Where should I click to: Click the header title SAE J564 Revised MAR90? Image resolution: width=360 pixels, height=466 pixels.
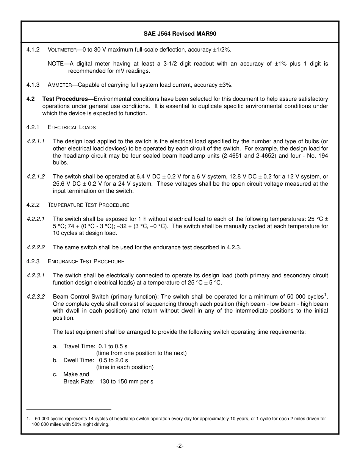coord(180,34)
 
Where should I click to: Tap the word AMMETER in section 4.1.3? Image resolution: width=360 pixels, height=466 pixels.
coord(61,85)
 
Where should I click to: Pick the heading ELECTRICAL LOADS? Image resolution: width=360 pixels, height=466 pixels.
coord(72,127)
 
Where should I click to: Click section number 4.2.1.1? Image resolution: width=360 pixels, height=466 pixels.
coord(36,141)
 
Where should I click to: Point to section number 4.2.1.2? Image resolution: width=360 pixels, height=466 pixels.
coord(36,177)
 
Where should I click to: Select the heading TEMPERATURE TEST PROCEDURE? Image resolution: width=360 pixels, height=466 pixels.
coord(88,205)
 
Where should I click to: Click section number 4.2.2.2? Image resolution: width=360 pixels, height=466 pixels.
coord(36,247)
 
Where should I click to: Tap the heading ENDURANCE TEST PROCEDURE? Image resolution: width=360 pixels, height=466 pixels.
coord(86,261)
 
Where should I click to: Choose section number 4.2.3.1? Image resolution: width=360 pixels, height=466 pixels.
coord(36,275)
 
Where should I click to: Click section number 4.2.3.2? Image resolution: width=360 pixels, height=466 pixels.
coord(36,297)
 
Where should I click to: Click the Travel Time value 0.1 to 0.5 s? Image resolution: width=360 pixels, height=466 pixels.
coord(113,346)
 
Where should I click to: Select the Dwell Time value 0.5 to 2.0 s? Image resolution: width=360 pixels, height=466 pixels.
coord(113,360)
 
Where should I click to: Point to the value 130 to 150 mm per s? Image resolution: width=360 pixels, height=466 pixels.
coord(126,382)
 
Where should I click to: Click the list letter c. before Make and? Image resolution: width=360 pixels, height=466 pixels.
coord(55,374)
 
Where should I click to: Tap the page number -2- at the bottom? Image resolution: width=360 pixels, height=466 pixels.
coord(180,446)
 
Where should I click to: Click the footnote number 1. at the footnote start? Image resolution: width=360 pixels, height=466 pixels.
coord(28,419)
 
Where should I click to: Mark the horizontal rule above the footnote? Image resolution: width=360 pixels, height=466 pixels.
coord(69,410)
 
